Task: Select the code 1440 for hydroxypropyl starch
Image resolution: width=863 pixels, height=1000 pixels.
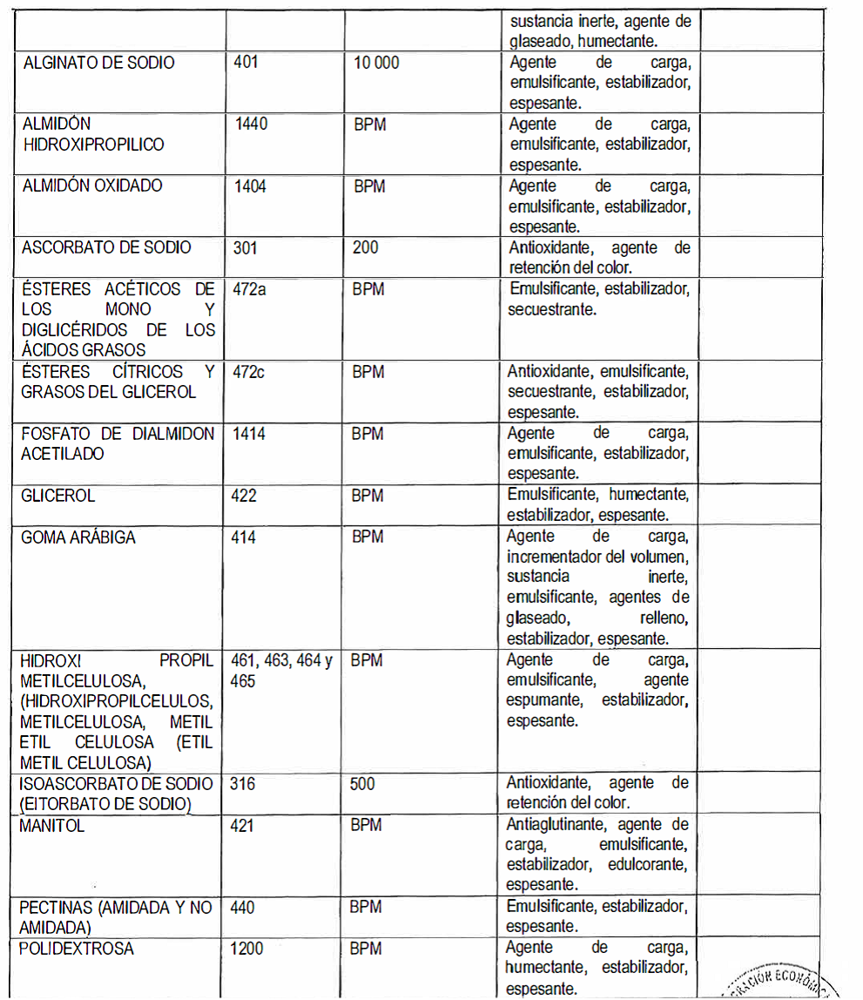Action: [251, 124]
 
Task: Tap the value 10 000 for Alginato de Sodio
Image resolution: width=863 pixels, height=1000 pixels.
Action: [376, 63]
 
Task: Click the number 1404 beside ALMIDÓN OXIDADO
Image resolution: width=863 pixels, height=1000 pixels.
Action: [251, 186]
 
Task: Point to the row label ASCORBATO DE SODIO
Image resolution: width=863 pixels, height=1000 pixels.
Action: [106, 247]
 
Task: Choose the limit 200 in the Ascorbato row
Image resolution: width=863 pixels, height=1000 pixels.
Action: [366, 247]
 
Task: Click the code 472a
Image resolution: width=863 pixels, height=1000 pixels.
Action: [251, 288]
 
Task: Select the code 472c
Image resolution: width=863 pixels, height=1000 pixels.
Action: [251, 372]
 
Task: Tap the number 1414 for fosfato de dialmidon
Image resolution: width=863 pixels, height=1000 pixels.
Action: [250, 433]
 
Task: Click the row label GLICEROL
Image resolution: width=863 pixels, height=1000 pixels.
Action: [57, 496]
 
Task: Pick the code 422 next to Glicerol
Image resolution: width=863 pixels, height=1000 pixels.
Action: [244, 496]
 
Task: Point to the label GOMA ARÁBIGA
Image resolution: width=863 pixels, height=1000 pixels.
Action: [78, 537]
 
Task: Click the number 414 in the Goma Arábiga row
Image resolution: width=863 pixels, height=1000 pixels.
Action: [244, 537]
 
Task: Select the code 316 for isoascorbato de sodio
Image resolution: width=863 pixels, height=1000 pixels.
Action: [243, 784]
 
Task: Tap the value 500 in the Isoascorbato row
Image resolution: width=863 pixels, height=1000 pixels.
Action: [363, 784]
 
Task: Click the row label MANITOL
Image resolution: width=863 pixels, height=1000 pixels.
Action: [52, 826]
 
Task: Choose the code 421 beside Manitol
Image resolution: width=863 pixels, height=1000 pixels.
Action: [242, 826]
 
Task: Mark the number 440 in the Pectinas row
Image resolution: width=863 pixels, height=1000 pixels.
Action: [243, 908]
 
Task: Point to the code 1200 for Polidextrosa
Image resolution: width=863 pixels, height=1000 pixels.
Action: [246, 948]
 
